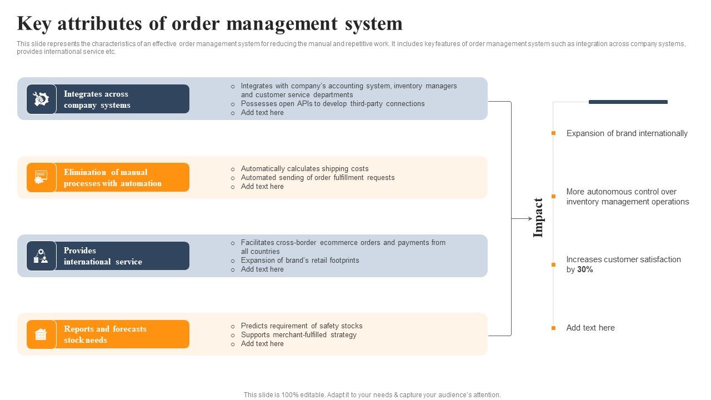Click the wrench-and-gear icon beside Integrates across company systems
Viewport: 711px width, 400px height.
[41, 99]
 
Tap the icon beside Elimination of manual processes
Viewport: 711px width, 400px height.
[41, 177]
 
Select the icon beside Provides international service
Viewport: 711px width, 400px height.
[41, 256]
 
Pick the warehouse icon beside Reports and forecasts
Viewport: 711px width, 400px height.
[41, 334]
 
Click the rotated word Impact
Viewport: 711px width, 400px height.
[538, 218]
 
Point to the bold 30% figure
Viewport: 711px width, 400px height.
[585, 269]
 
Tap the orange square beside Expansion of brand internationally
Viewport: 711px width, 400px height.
[553, 133]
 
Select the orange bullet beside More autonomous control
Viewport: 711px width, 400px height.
[553, 196]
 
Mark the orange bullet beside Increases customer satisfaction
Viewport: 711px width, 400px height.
[553, 264]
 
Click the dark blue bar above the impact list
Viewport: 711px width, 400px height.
[628, 102]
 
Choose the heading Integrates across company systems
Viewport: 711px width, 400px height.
[97, 99]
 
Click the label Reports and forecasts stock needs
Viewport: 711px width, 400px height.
[105, 334]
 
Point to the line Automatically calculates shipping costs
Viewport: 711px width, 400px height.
[304, 169]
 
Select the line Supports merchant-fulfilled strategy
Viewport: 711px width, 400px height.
[298, 335]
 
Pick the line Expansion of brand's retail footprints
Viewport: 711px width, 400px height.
[300, 261]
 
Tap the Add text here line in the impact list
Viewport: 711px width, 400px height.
[590, 328]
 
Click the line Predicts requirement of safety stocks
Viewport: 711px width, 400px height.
[302, 326]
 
